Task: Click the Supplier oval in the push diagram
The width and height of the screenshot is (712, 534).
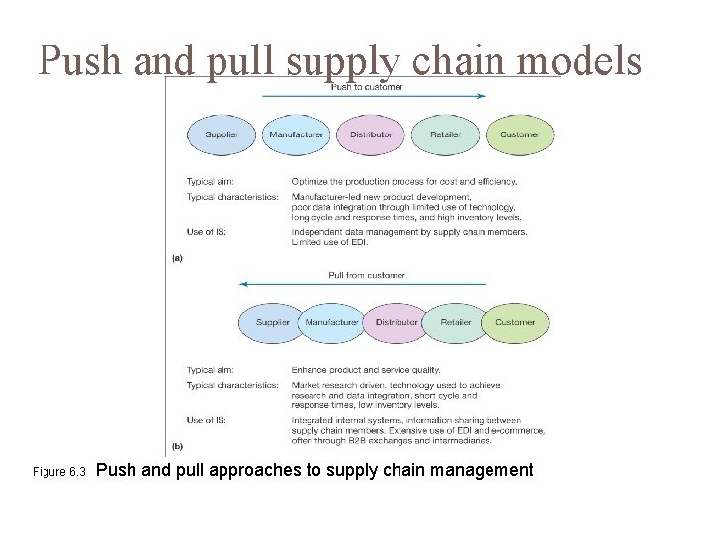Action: tap(222, 134)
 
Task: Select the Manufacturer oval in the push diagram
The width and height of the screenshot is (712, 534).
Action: tap(297, 134)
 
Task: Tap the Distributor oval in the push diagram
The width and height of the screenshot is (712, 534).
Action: tap(371, 134)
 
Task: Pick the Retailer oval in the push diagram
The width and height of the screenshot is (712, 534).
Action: tap(445, 134)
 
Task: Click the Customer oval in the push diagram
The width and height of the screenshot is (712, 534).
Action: tap(520, 134)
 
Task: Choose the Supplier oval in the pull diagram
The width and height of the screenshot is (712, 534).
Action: tap(272, 322)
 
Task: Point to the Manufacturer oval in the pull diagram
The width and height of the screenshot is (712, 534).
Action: tap(332, 322)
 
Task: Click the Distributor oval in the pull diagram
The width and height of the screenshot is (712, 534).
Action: tap(397, 322)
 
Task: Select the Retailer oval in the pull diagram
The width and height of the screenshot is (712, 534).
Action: tap(456, 322)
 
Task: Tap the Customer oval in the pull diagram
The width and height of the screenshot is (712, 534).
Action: tap(515, 322)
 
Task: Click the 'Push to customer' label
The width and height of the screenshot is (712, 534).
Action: tap(367, 87)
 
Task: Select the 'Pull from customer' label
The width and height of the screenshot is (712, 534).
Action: tap(367, 275)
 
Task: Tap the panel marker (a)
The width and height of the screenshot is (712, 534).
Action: tap(177, 258)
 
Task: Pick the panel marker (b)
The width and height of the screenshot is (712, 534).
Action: tap(177, 447)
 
